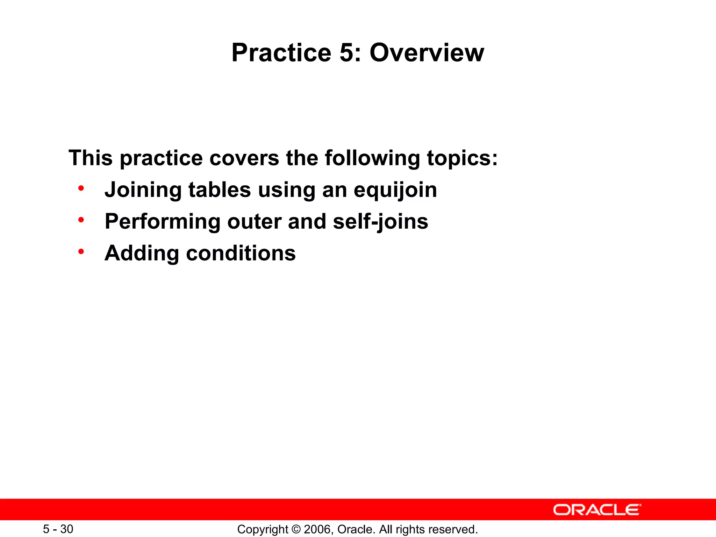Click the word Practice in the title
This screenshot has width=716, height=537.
click(281, 53)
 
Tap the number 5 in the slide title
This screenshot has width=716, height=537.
click(350, 53)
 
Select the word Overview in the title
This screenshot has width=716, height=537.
click(427, 53)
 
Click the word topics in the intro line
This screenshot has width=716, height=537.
click(462, 158)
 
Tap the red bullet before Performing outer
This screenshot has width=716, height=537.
click(81, 220)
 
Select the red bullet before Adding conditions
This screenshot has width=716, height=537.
click(81, 252)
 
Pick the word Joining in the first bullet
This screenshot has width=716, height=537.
click(143, 191)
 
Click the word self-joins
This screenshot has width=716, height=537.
click(380, 222)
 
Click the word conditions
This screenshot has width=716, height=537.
click(241, 253)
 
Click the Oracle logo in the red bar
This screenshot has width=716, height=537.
click(597, 510)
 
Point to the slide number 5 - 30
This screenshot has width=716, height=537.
click(58, 529)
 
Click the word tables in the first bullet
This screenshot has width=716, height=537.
click(220, 190)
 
